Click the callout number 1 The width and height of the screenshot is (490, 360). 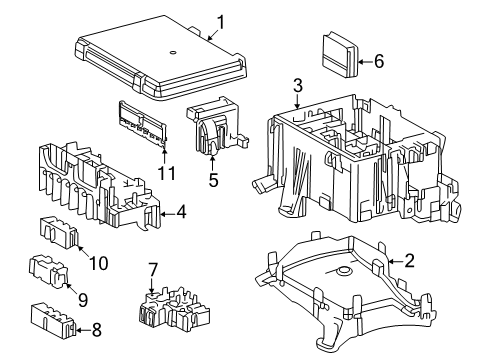(221, 22)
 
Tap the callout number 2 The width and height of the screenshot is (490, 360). (409, 261)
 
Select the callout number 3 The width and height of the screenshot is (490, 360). (298, 85)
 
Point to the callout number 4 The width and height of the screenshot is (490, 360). (181, 212)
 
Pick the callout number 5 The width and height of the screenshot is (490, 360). (213, 180)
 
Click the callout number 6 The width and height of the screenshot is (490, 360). (379, 61)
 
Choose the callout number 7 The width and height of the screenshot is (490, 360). (153, 270)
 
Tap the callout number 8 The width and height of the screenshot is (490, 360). (96, 330)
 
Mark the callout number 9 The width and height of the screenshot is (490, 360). (83, 300)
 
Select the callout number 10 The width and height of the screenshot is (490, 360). (99, 263)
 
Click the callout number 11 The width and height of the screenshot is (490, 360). (166, 173)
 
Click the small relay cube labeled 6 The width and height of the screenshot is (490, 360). (340, 54)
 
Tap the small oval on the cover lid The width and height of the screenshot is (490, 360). (173, 52)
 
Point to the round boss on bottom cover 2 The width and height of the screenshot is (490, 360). (343, 271)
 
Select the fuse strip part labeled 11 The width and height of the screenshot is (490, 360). (143, 124)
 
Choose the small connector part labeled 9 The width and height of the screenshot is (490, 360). (49, 271)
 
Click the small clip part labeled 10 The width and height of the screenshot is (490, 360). (59, 232)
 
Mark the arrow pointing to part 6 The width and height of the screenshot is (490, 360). (365, 62)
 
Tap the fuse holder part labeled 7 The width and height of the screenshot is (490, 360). (174, 309)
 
